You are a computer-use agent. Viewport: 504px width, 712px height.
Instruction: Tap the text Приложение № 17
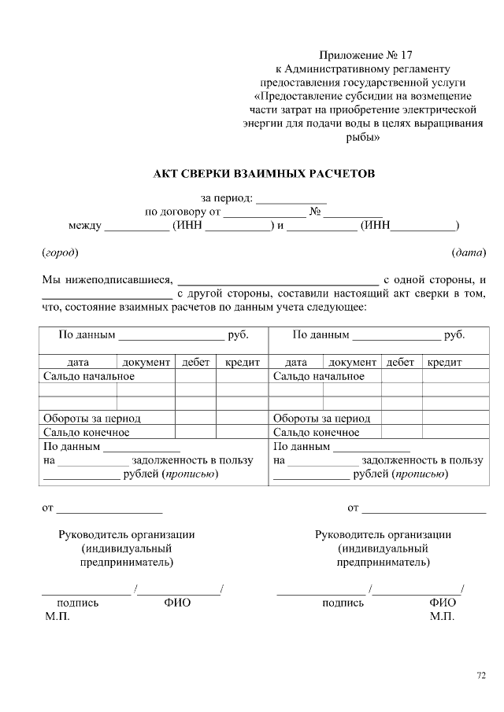(365, 55)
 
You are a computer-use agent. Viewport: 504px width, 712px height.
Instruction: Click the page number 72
(481, 675)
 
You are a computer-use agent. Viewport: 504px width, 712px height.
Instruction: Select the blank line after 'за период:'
(291, 198)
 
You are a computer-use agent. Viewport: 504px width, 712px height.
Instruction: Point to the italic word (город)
(60, 253)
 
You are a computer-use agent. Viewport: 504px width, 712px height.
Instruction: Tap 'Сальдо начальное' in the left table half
(88, 376)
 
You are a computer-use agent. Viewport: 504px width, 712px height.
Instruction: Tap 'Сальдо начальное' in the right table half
(318, 376)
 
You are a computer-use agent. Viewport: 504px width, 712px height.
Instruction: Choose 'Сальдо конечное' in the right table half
(316, 432)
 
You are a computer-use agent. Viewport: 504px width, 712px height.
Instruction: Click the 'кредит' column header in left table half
(242, 363)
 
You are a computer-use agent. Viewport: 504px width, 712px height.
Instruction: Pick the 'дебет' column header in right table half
(401, 363)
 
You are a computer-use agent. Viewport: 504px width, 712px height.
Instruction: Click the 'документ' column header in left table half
(146, 363)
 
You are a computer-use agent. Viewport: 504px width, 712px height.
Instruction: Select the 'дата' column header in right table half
(295, 363)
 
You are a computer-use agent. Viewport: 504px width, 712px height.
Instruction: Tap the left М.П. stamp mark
(57, 617)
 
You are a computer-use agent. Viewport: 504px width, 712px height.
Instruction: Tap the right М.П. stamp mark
(442, 617)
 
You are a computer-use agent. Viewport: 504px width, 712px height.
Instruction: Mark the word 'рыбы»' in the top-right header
(363, 138)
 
